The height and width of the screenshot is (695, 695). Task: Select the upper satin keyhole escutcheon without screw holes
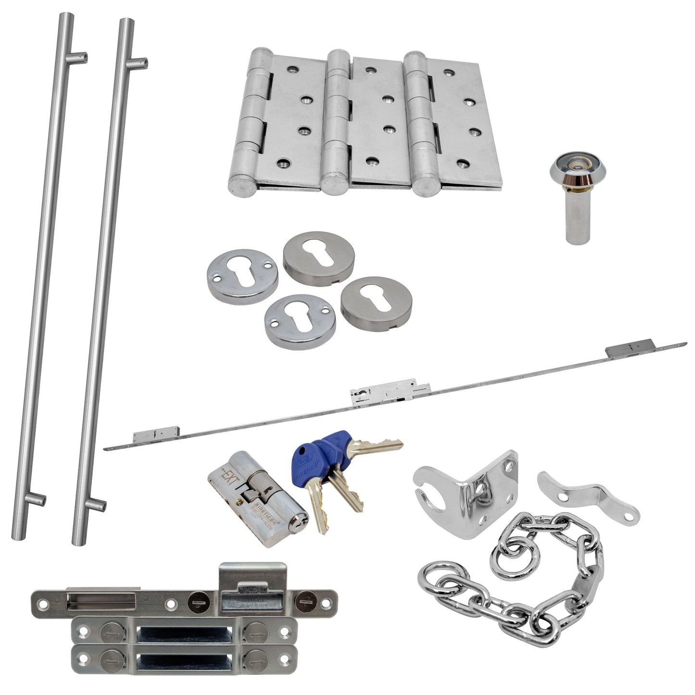point(318,255)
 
